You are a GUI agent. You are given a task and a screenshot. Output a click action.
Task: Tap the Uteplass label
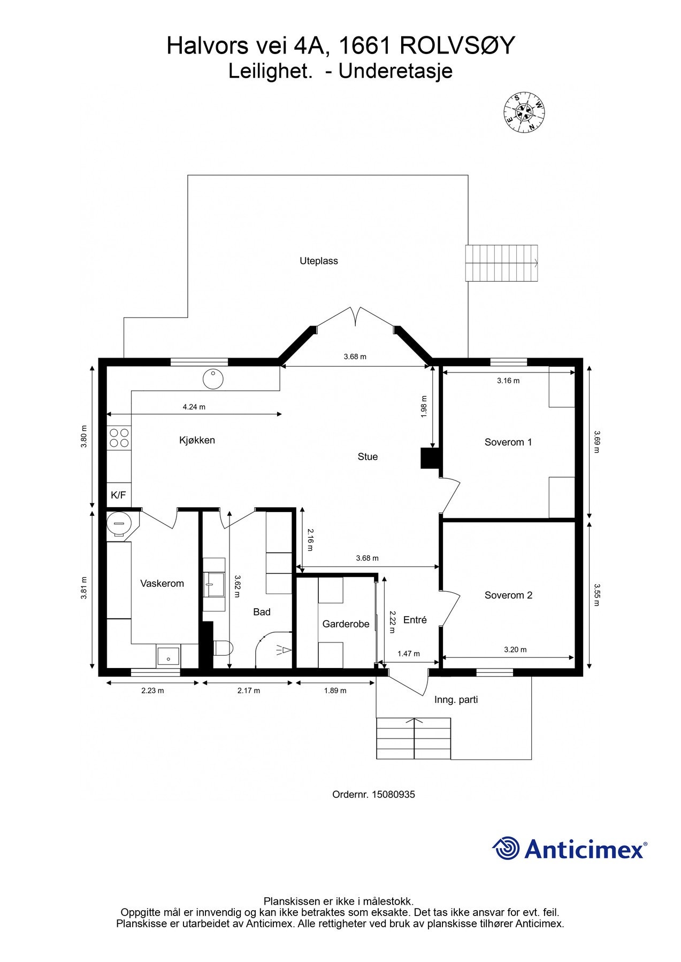point(319,261)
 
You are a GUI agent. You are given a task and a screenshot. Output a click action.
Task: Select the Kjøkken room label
point(197,440)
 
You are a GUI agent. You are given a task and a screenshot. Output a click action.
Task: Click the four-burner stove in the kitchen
point(119,438)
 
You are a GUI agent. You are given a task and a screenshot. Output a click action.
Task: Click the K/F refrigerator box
point(119,495)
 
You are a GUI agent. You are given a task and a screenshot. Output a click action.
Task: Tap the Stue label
point(368,456)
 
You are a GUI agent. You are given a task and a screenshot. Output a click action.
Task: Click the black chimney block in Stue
point(430,459)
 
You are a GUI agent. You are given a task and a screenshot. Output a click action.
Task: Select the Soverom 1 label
point(508,442)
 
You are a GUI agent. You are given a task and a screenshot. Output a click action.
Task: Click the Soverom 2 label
point(508,595)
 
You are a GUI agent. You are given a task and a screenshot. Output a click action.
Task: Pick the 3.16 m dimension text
point(508,381)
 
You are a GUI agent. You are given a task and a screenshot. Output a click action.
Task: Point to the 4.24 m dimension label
point(194,407)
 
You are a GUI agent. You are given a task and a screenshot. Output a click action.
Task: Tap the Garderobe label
point(346,624)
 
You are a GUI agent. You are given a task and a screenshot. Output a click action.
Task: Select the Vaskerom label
point(162,583)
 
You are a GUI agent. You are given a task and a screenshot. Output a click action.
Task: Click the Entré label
point(415,619)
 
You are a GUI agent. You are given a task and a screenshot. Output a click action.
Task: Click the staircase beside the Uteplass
point(501,263)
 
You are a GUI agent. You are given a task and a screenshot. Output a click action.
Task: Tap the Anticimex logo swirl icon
point(506,848)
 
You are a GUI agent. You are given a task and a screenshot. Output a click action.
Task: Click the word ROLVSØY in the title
point(457,46)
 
